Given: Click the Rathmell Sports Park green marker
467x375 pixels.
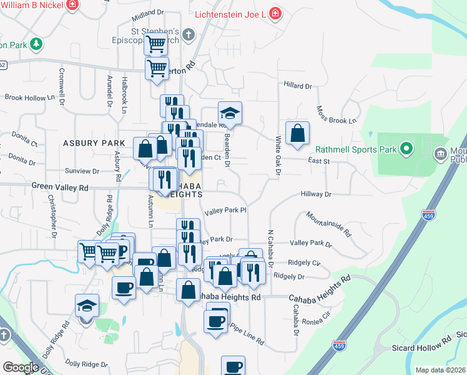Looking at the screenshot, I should [x=407, y=149].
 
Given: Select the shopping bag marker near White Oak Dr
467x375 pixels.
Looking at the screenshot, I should [x=297, y=133].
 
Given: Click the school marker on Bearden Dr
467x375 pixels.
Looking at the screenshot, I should [x=230, y=114].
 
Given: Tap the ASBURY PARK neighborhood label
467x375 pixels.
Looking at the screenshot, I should [x=89, y=143].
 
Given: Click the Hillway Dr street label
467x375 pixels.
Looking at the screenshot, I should [x=316, y=194].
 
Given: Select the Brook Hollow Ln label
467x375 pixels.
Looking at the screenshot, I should [x=26, y=97].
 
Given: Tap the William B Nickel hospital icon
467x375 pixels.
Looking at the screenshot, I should [x=73, y=4].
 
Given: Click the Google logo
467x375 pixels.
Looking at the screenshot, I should [x=21, y=367].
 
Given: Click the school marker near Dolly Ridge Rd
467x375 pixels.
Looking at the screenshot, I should [x=87, y=306].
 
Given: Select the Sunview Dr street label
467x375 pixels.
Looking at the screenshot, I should [x=82, y=171].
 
